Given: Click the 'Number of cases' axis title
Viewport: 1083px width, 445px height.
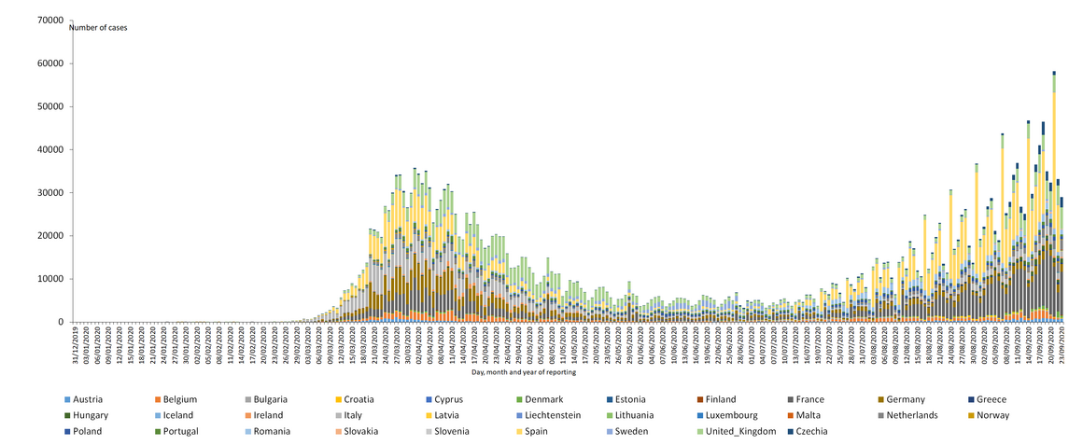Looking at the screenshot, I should tap(99, 28).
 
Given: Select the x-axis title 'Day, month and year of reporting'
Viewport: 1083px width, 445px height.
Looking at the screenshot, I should tap(523, 372).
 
